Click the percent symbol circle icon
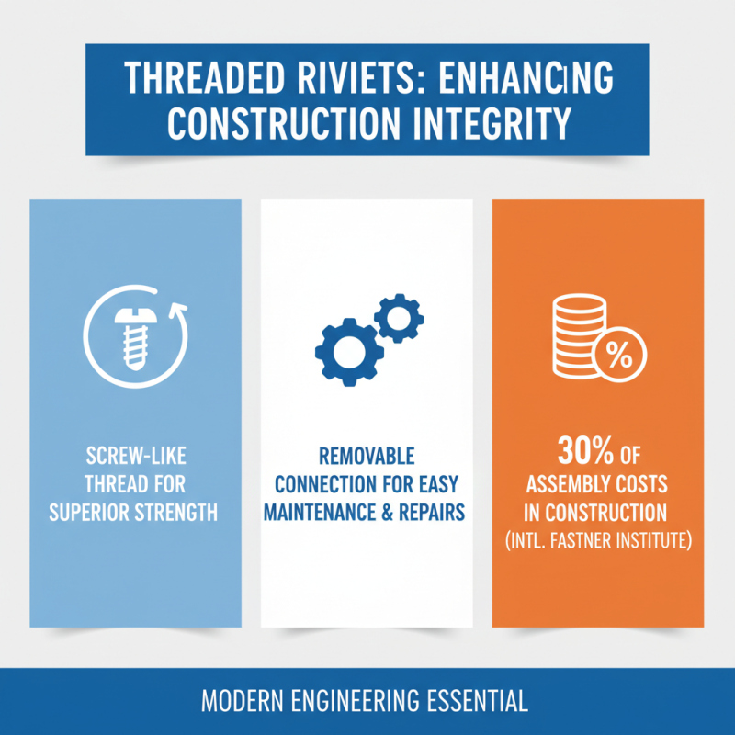point(620,355)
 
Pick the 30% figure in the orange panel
point(581,452)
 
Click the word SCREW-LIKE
point(135,458)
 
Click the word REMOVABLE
point(365,457)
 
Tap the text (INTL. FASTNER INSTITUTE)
point(598,538)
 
